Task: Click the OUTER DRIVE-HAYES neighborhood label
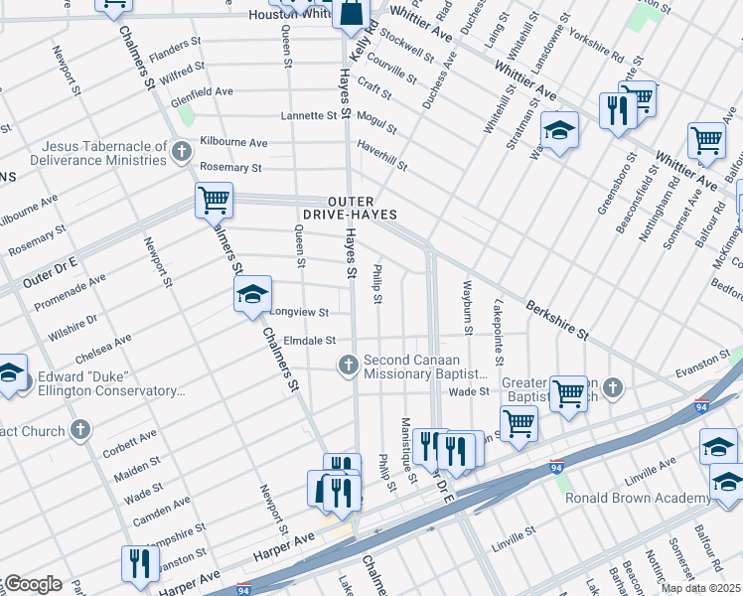pos(350,208)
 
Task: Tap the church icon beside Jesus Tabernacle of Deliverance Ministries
pos(181,152)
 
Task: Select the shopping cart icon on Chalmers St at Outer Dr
pos(214,200)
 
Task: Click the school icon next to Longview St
pos(252,293)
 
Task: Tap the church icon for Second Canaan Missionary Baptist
pos(349,366)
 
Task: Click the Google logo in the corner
pos(32,584)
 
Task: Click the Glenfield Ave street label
pos(202,91)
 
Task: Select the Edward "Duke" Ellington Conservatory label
pos(111,383)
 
